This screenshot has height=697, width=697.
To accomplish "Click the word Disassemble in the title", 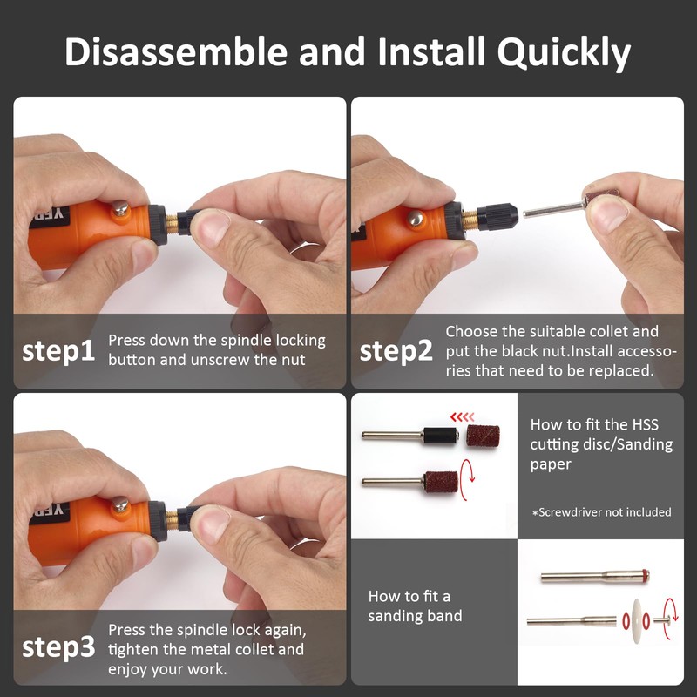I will [x=175, y=52].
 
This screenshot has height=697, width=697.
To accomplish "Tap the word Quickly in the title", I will [x=564, y=52].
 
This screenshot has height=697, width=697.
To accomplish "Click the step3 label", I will [x=58, y=647].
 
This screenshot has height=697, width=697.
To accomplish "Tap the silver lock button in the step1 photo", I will [x=119, y=209].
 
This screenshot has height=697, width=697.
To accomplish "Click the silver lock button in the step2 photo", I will [x=416, y=219].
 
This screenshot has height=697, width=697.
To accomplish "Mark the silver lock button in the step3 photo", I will [x=119, y=505].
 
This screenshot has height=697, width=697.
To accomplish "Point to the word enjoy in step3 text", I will [x=128, y=668].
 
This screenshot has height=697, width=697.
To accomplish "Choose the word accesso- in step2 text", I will [x=646, y=350].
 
